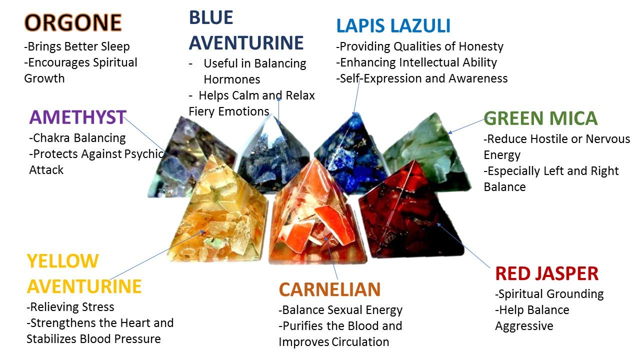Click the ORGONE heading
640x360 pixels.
coord(73,22)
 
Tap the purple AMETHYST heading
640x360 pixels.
coord(77,117)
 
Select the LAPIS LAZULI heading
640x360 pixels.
coord(393,25)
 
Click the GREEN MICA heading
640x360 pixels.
coord(540,118)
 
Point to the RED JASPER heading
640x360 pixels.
coord(547,273)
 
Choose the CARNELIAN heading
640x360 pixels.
coord(329,289)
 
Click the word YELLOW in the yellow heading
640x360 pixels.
coord(63,261)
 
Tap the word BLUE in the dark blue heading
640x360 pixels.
coord(211,17)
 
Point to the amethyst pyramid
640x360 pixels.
coord(191,157)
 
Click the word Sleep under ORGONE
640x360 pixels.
coord(115,47)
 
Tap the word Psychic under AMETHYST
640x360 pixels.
coord(144,154)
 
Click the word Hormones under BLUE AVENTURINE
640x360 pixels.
coord(232,79)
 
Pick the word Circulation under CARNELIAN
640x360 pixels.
coord(360,341)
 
